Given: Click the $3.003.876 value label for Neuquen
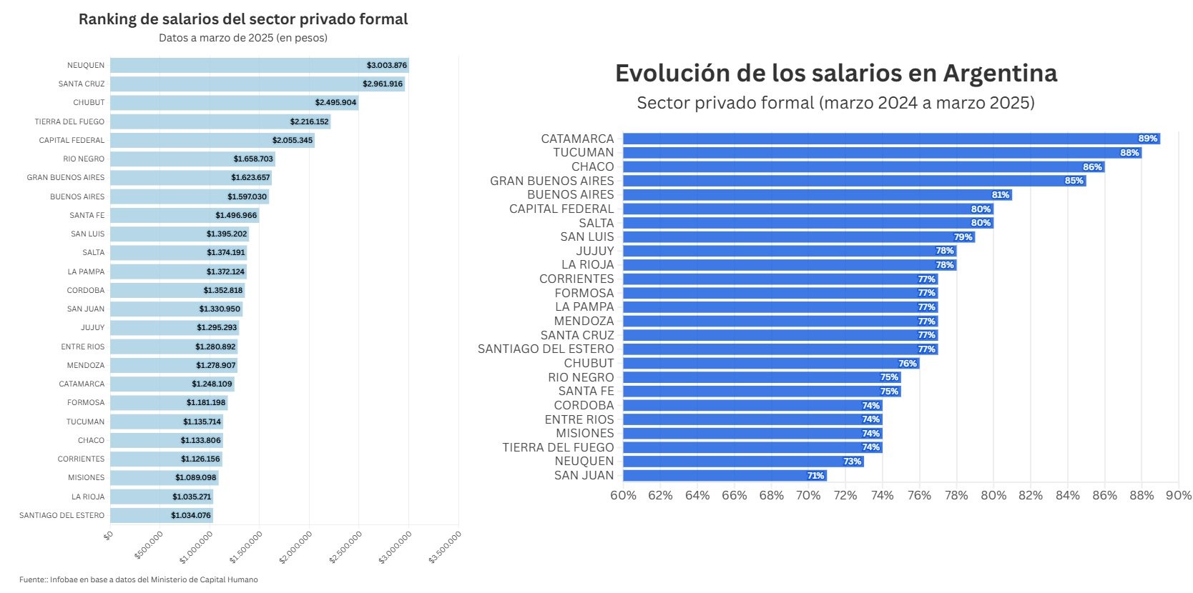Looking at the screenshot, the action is click(x=387, y=66).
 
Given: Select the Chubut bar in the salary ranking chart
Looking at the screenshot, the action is click(x=235, y=103).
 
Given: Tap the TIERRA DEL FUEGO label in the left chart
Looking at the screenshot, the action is click(x=70, y=121).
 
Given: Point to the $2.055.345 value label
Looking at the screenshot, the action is click(x=293, y=141).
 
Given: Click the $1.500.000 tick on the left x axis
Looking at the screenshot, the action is click(x=246, y=547).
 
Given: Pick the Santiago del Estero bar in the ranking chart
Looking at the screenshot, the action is click(x=162, y=515).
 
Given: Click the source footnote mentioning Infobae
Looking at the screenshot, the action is click(x=139, y=579).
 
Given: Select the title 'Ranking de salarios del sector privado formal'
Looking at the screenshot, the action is click(x=243, y=19).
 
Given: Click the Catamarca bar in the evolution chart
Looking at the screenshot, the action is click(x=892, y=139).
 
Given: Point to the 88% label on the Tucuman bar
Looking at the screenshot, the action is click(x=1129, y=153).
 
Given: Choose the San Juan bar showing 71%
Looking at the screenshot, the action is click(x=725, y=475).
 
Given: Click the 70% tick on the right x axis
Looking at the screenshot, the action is click(x=808, y=496).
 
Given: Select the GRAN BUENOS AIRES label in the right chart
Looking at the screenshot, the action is click(x=551, y=181).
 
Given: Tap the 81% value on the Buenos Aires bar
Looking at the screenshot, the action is click(x=1000, y=194).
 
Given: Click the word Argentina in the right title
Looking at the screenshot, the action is click(x=1000, y=74).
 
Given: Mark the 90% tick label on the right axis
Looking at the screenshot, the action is click(x=1179, y=496).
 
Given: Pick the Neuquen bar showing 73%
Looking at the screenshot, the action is click(x=744, y=462).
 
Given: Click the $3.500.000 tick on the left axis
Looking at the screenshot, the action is click(x=446, y=547).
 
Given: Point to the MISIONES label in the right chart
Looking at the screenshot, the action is click(x=585, y=434).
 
